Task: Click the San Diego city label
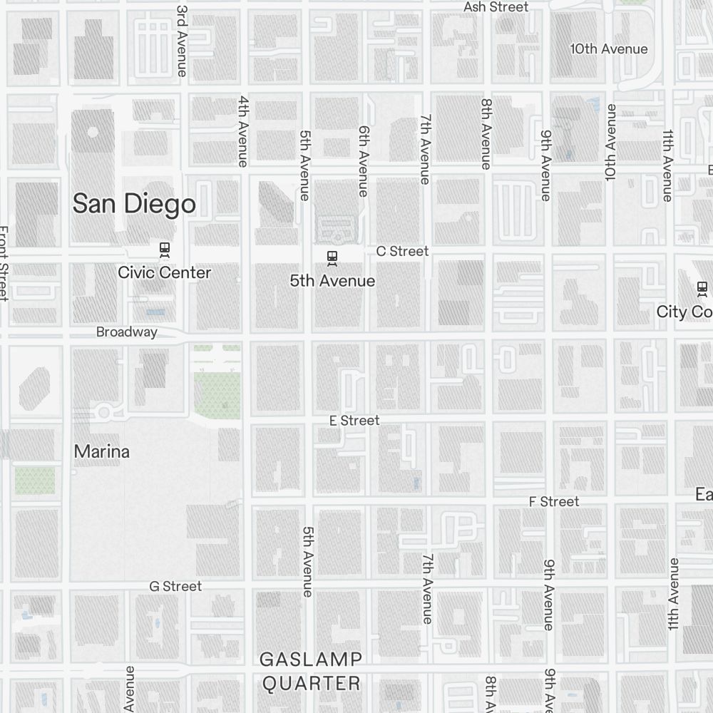click(134, 204)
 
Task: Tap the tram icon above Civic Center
click(165, 250)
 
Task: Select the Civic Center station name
click(165, 272)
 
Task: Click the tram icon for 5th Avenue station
click(332, 257)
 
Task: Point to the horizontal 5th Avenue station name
click(332, 281)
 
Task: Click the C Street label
click(402, 251)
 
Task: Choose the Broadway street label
click(127, 332)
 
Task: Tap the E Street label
click(354, 421)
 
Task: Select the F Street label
click(554, 502)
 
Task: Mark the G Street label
click(175, 586)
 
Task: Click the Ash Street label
click(496, 7)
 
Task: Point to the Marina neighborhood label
click(102, 451)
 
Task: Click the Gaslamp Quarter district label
click(311, 671)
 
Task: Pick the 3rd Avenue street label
click(182, 41)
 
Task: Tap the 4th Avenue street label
click(243, 131)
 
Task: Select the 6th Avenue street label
click(364, 161)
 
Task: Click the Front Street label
click(4, 264)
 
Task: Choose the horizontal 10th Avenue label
click(609, 48)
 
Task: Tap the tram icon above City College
click(702, 288)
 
